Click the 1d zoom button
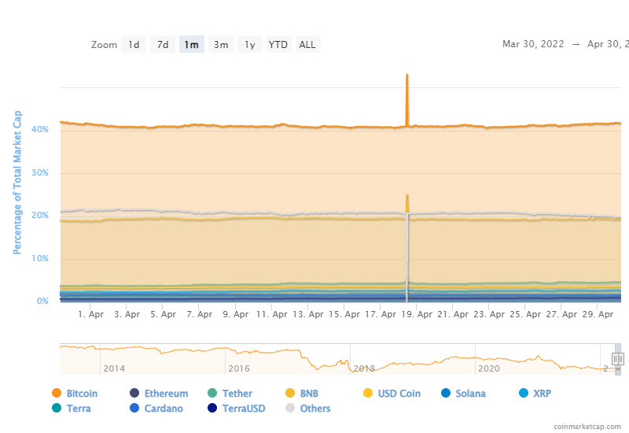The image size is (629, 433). tap(134, 45)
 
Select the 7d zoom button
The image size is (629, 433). tap(163, 45)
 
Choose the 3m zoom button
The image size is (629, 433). tap(221, 45)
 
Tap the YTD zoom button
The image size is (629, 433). tap(278, 45)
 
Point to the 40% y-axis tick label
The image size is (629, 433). tap(41, 130)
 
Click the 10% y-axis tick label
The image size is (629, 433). tap(41, 259)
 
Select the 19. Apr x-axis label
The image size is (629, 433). tap(412, 314)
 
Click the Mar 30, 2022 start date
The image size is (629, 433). tap(533, 45)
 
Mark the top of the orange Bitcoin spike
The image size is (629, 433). tap(406, 75)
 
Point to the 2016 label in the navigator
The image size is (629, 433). tap(238, 368)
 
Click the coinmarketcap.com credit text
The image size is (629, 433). tap(586, 426)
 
